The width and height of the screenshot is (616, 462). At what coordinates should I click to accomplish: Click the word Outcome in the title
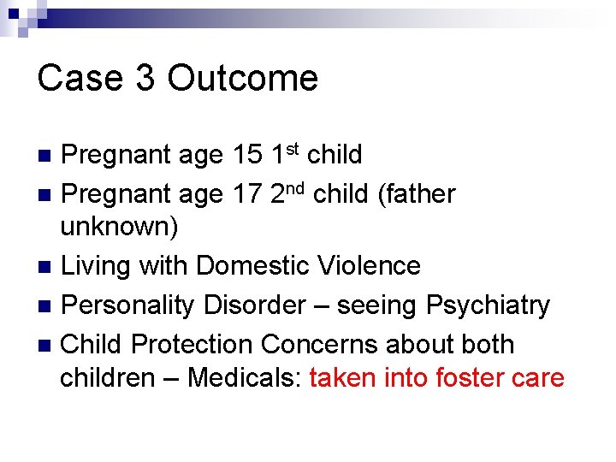pos(243,79)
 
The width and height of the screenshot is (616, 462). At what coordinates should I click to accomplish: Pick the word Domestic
pos(248,266)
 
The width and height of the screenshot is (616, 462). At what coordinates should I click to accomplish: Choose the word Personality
pos(131,305)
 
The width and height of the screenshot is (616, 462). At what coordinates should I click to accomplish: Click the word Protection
pos(197,344)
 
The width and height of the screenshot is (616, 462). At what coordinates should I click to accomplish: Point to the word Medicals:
pos(244,377)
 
